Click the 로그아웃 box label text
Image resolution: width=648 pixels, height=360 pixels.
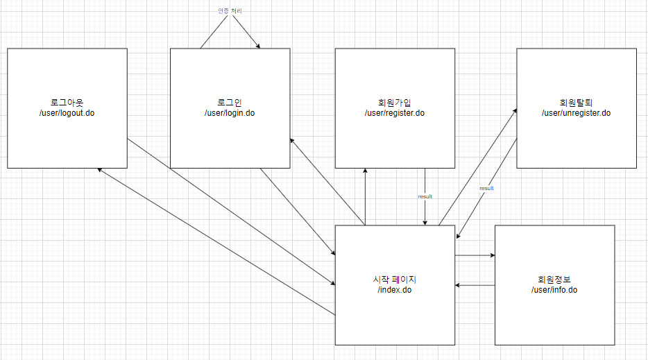pyautogui.click(x=67, y=103)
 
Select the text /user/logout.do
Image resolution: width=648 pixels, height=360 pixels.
pyautogui.click(x=67, y=112)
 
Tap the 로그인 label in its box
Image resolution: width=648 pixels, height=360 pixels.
pyautogui.click(x=230, y=103)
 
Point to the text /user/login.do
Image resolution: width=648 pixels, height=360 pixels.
pyautogui.click(x=230, y=112)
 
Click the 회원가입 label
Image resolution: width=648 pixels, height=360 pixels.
pyautogui.click(x=394, y=103)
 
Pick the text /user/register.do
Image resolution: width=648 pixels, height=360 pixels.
pyautogui.click(x=394, y=112)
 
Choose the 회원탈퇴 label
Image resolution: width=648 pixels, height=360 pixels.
pyautogui.click(x=576, y=103)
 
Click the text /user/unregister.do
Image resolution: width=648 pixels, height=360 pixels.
pyautogui.click(x=576, y=112)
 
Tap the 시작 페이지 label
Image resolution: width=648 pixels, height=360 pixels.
pyautogui.click(x=394, y=280)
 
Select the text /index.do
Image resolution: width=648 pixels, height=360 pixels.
pyautogui.click(x=394, y=290)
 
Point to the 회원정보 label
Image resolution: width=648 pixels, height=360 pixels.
pyautogui.click(x=554, y=280)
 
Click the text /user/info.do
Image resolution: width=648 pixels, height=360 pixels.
pyautogui.click(x=554, y=290)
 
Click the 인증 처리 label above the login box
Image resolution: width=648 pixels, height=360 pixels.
pyautogui.click(x=229, y=11)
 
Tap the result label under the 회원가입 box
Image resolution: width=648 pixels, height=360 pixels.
pyautogui.click(x=425, y=196)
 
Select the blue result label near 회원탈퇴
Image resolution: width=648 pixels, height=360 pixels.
pyautogui.click(x=486, y=188)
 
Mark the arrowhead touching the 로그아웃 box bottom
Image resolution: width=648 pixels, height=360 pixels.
pyautogui.click(x=101, y=170)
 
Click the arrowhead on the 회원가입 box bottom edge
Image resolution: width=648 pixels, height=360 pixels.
pyautogui.click(x=364, y=171)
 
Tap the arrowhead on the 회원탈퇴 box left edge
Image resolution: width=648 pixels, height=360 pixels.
pyautogui.click(x=514, y=109)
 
